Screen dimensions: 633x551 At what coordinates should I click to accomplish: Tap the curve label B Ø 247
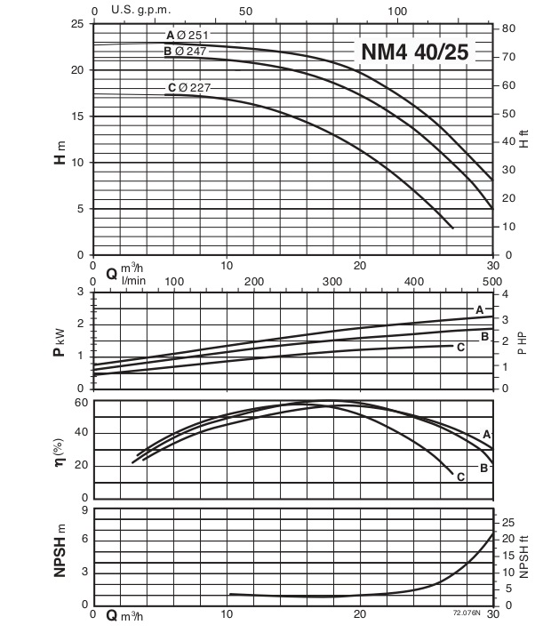[185, 52]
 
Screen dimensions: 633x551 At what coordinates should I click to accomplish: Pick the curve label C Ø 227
[188, 87]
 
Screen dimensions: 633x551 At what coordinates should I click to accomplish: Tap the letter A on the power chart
[479, 310]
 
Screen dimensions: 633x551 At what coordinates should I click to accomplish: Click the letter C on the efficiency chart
[460, 477]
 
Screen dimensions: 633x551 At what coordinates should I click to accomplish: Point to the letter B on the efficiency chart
[483, 468]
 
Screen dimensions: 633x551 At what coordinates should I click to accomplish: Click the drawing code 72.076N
[466, 613]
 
